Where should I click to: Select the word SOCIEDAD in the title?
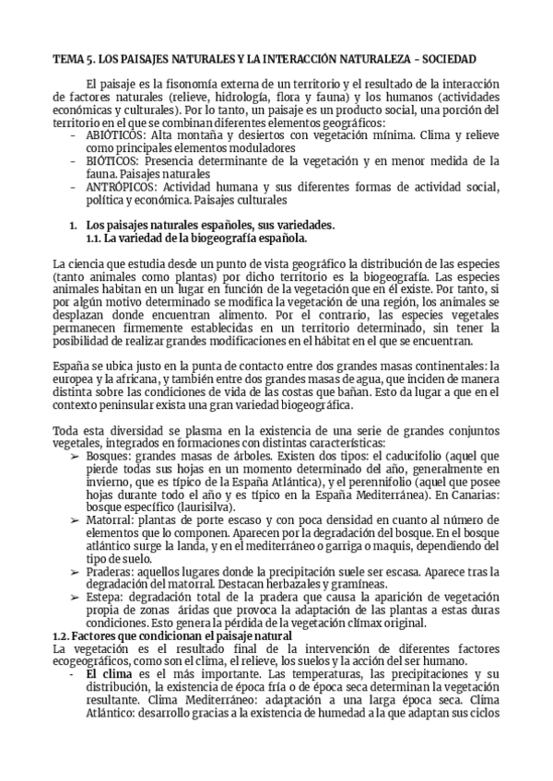[448, 59]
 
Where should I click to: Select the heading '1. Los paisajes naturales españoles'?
[203, 226]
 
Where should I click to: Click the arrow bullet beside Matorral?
[75, 520]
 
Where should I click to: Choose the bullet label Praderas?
[112, 572]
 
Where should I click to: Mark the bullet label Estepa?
[106, 598]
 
